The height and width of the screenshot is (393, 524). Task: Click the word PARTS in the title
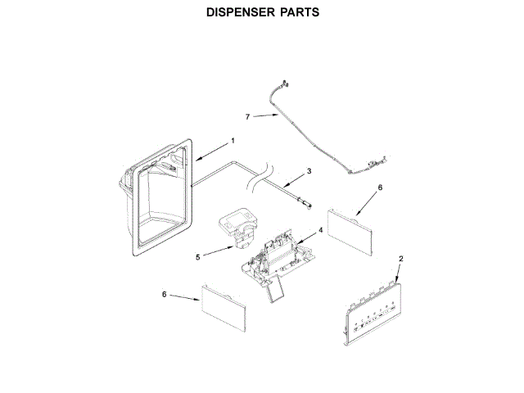(296, 13)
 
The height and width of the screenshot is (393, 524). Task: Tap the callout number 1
(233, 140)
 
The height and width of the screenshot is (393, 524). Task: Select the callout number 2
(401, 259)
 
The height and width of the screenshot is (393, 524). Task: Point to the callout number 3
(309, 171)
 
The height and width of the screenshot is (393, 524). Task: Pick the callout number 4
(320, 231)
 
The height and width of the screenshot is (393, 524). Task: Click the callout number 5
(198, 256)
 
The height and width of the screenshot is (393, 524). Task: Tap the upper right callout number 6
(380, 187)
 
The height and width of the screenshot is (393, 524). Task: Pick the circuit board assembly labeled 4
(278, 254)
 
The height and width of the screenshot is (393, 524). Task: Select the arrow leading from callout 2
(396, 275)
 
